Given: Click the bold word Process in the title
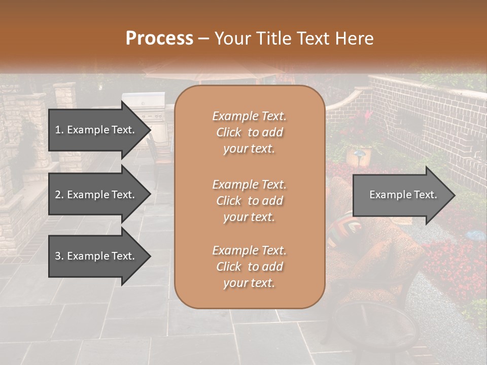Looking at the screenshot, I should pyautogui.click(x=159, y=38).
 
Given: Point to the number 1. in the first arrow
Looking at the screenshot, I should pyautogui.click(x=59, y=130).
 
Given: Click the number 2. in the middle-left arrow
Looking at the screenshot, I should pyautogui.click(x=59, y=195).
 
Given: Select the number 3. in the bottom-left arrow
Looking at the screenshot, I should pyautogui.click(x=59, y=256).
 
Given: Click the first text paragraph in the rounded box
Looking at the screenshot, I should pyautogui.click(x=249, y=132).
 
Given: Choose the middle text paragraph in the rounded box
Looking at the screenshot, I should pyautogui.click(x=249, y=200).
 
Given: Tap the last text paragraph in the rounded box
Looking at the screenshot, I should pyautogui.click(x=249, y=267).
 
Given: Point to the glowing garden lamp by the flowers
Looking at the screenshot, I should pyautogui.click(x=359, y=153).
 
